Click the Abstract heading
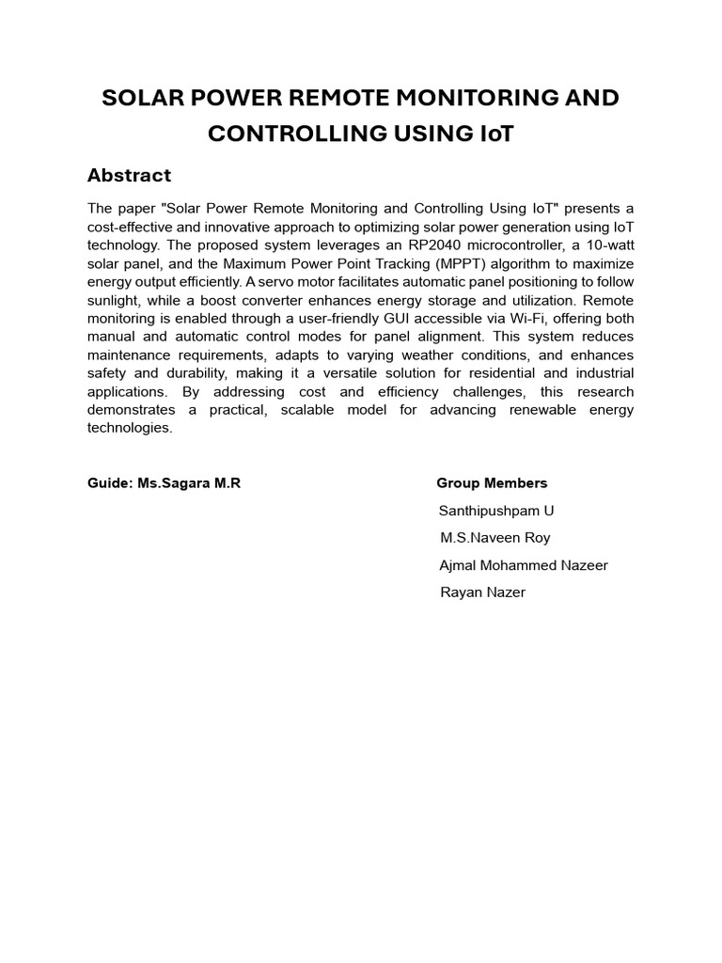[129, 176]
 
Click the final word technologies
[131, 428]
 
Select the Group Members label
[492, 483]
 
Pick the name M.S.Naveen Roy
[495, 538]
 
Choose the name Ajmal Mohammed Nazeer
[524, 565]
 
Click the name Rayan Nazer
[483, 592]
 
